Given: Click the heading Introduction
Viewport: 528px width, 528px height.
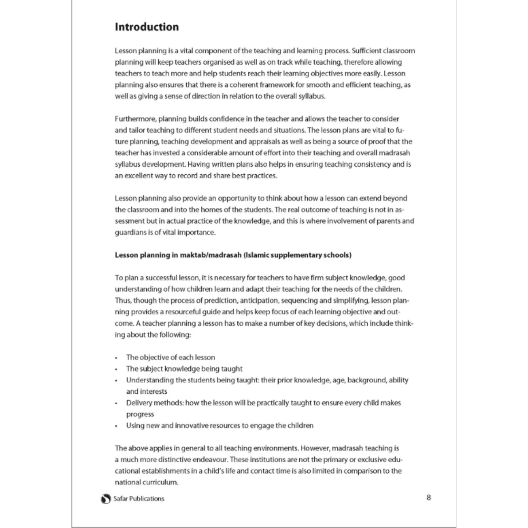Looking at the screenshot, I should coord(147,27).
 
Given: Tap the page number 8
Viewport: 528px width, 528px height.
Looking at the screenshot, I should coord(428,497).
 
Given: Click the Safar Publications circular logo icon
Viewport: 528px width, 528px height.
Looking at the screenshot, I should coord(105,498).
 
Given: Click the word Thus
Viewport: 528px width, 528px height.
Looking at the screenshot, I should coord(123,300).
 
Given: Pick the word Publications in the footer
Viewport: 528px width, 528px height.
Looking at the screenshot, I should coord(146,498).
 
